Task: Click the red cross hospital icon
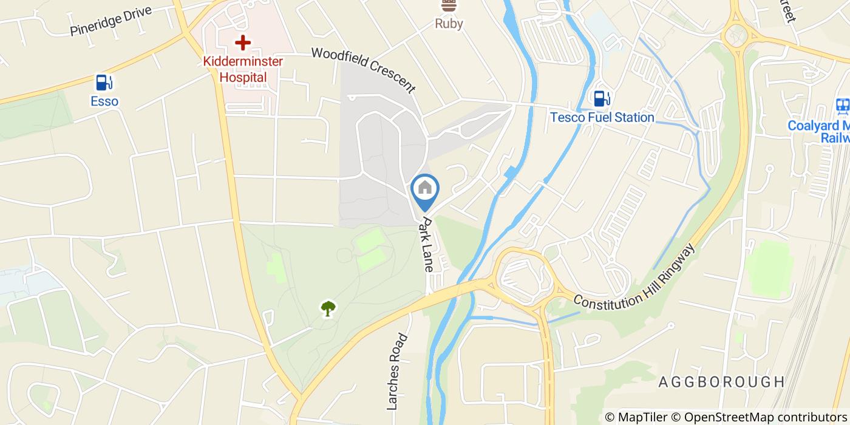(243, 42)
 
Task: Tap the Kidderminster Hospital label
(243, 69)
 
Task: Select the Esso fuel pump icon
(104, 82)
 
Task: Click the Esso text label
(104, 101)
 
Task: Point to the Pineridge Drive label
(110, 21)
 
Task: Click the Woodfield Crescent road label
(364, 70)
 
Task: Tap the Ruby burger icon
(449, 6)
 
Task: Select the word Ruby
(449, 24)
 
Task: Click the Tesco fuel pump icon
(602, 98)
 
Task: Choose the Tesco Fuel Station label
(602, 117)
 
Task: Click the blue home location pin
(425, 189)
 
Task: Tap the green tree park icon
(328, 308)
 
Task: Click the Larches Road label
(395, 370)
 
